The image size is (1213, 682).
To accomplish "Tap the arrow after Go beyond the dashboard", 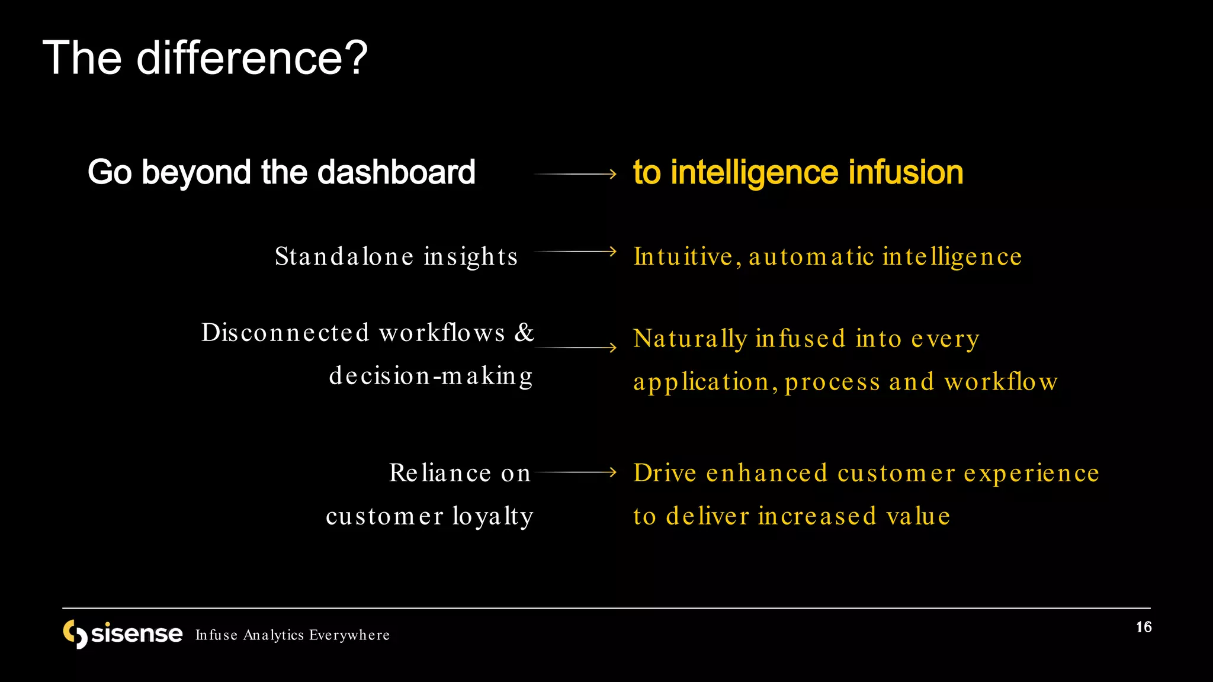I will [575, 174].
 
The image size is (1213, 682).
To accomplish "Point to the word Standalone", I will [344, 257].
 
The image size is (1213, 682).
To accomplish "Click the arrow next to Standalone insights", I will [575, 252].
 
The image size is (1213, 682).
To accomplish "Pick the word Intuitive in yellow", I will [683, 257].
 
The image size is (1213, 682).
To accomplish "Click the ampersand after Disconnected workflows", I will [524, 333].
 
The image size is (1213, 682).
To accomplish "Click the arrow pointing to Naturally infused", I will [575, 348].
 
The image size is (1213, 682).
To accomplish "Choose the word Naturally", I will [690, 339].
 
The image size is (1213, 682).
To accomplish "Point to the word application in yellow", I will [701, 382].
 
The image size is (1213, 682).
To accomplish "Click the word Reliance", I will [440, 473].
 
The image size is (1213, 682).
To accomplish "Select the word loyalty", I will [493, 516].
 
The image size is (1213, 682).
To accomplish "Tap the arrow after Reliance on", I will [575, 472].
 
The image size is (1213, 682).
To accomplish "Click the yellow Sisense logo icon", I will [75, 634].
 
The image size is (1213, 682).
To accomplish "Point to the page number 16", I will [1143, 628].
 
